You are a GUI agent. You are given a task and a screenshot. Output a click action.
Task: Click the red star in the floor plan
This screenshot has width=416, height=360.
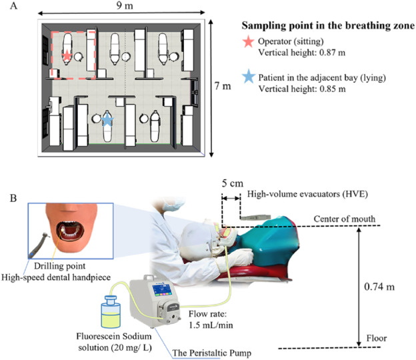point(68,55)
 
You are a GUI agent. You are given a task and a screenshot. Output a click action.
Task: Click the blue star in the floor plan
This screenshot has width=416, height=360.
point(108,119)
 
